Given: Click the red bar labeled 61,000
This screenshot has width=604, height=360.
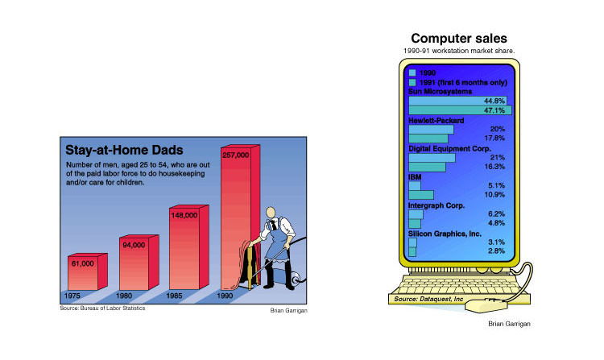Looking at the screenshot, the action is (88, 272).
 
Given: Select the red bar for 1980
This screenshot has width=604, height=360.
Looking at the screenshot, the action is (139, 263).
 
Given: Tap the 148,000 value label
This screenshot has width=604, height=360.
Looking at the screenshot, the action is (184, 215).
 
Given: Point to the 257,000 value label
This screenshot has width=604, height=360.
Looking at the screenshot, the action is (236, 155).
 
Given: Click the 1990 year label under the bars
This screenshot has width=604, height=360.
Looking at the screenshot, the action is (225, 296).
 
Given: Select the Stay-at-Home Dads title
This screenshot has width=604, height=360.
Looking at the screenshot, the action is (124, 150).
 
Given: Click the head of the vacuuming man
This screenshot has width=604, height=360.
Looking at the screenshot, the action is (271, 213).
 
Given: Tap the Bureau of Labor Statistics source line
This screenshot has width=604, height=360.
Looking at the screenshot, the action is (102, 308).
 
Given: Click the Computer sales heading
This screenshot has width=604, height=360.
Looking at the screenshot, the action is (459, 38).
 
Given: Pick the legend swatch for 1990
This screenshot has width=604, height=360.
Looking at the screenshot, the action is (412, 72).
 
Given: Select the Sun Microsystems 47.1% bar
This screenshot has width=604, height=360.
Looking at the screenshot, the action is (461, 110).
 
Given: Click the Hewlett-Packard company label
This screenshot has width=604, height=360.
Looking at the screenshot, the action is (436, 121).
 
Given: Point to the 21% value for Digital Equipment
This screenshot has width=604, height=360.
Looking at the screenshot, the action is (498, 157).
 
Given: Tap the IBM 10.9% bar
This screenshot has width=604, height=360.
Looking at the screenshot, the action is (421, 194).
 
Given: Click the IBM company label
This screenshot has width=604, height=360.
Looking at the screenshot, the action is (415, 177).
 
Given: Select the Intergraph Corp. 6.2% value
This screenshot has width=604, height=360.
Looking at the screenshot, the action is (496, 213).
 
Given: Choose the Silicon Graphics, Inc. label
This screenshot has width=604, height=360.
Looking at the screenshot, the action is (445, 234).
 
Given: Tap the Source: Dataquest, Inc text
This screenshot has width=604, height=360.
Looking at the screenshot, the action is (428, 299).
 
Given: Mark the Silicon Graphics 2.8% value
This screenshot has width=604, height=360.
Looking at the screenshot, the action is (496, 250).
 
